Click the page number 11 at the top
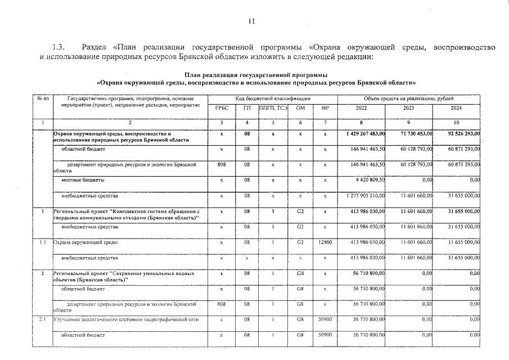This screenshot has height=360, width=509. tap(251, 21)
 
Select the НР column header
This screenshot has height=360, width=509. tap(325, 108)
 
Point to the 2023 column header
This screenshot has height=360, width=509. tap(409, 108)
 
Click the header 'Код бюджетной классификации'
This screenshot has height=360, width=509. tap(273, 98)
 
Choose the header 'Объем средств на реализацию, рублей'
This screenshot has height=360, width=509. tap(409, 98)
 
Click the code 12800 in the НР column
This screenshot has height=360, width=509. tap(325, 242)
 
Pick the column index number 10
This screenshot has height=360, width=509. tap(456, 122)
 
